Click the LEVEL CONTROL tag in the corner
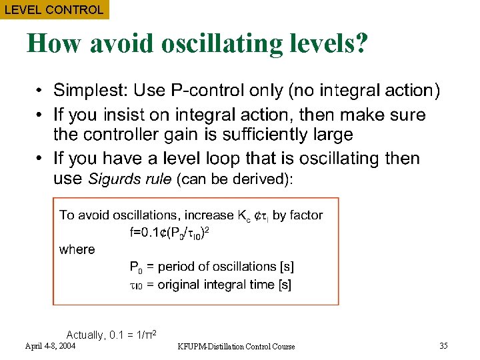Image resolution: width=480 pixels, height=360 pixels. point(54,9)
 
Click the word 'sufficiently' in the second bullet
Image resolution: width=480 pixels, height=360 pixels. point(251,134)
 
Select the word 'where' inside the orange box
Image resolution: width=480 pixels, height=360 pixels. point(77,250)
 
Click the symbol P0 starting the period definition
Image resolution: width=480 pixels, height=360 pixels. point(135,267)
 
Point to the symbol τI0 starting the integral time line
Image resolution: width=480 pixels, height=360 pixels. point(135,285)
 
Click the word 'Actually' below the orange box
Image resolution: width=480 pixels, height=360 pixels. point(85,335)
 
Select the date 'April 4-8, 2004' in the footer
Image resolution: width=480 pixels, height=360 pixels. point(50,346)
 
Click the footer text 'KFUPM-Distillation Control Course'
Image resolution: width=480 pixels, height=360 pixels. point(237,346)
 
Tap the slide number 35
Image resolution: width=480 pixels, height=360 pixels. point(443,345)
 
